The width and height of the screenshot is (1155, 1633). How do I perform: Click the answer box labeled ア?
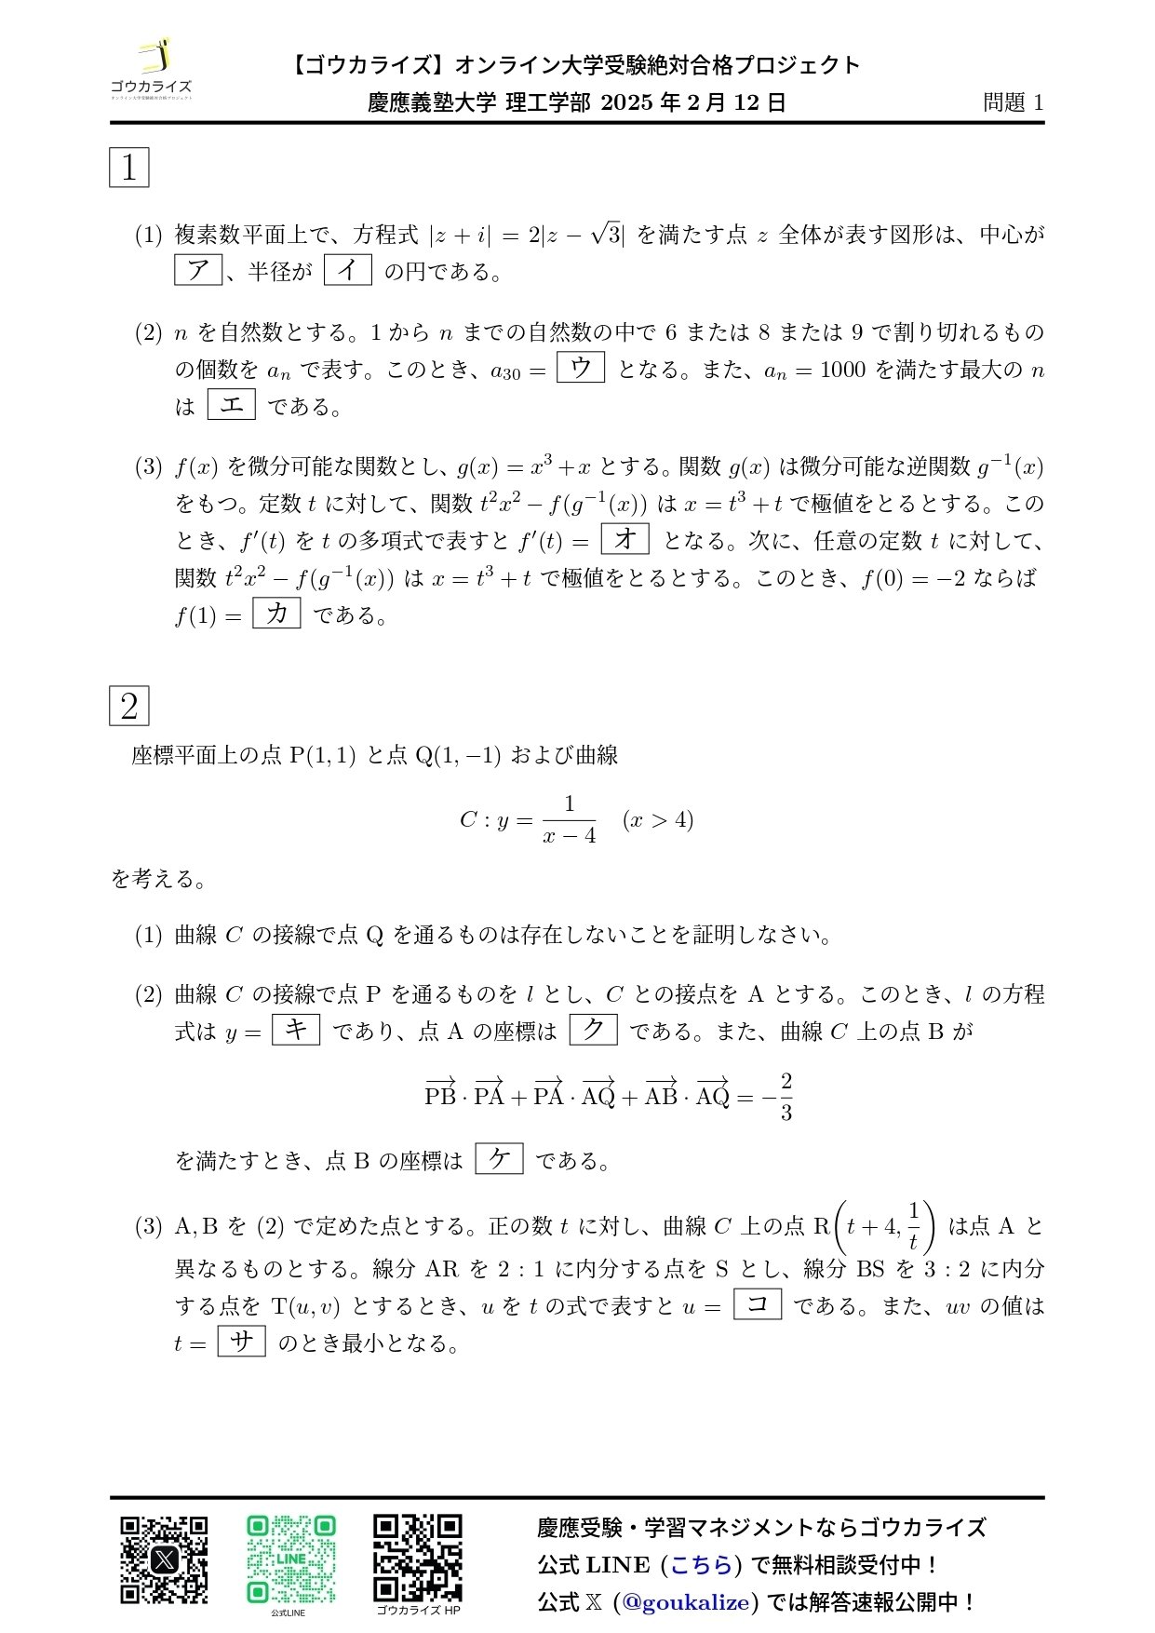[198, 270]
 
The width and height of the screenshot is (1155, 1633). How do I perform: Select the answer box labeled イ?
[348, 270]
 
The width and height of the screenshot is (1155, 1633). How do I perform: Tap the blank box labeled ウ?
[581, 368]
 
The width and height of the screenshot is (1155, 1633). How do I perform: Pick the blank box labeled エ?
[231, 405]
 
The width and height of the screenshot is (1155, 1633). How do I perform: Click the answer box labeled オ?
[625, 539]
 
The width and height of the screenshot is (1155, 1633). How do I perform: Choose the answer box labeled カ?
[276, 614]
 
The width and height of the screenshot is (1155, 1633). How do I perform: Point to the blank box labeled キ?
[296, 1030]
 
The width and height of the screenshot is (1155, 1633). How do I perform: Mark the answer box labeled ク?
[593, 1030]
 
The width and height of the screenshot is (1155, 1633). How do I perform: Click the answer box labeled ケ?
[500, 1159]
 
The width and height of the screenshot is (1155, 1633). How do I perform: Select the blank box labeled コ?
[758, 1304]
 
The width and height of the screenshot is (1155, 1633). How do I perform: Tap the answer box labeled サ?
[242, 1342]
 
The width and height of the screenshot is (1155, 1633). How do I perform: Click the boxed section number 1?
[129, 168]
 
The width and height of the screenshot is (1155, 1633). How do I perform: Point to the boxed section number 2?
[129, 706]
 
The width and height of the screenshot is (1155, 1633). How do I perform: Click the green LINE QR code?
[290, 1559]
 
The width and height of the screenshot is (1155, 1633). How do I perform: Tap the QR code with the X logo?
[164, 1559]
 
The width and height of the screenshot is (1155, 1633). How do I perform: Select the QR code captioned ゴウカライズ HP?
[418, 1557]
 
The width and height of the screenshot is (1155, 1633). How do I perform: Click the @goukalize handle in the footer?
[686, 1602]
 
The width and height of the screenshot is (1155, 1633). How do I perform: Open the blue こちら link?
[701, 1565]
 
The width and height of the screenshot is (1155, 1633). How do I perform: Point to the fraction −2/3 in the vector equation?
[779, 1097]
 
